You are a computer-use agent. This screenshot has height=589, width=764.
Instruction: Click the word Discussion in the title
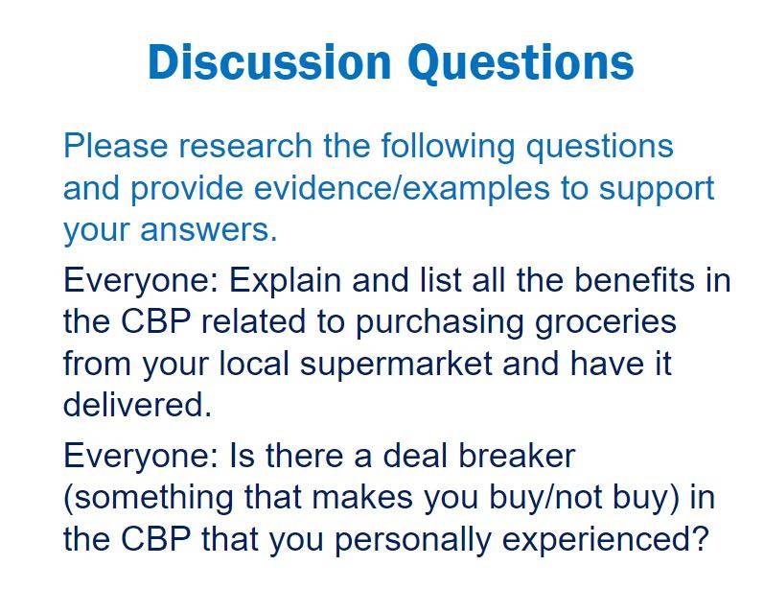(270, 62)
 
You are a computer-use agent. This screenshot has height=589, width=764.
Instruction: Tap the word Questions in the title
(521, 63)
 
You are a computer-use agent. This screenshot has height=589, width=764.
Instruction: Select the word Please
(115, 145)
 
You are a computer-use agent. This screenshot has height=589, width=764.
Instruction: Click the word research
(245, 145)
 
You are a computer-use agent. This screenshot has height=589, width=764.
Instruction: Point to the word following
(448, 146)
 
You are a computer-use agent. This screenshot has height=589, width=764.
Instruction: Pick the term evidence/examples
(402, 187)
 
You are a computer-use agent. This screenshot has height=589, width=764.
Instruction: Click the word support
(657, 190)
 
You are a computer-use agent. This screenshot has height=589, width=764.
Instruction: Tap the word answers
(209, 230)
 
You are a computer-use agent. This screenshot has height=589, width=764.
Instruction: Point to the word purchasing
(440, 323)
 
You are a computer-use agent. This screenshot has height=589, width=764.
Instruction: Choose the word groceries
(606, 323)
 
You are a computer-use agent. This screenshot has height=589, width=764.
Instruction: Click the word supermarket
(396, 365)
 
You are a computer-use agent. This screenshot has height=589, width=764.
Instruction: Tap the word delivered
(138, 404)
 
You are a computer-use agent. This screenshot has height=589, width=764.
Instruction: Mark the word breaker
(517, 456)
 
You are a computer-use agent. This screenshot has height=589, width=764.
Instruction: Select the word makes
(362, 498)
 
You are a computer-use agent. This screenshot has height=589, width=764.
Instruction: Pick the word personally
(413, 541)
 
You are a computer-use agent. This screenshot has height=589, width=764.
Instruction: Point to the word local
(254, 364)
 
